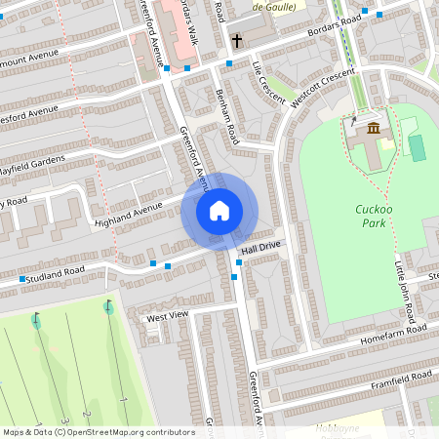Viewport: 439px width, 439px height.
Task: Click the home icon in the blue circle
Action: click(219, 211)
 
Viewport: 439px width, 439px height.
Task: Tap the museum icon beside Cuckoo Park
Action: click(373, 128)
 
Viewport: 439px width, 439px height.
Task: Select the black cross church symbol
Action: click(237, 41)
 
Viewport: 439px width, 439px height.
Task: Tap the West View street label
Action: click(166, 317)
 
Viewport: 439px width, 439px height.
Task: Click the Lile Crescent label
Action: click(267, 82)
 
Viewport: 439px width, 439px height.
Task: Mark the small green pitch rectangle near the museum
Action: click(418, 148)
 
